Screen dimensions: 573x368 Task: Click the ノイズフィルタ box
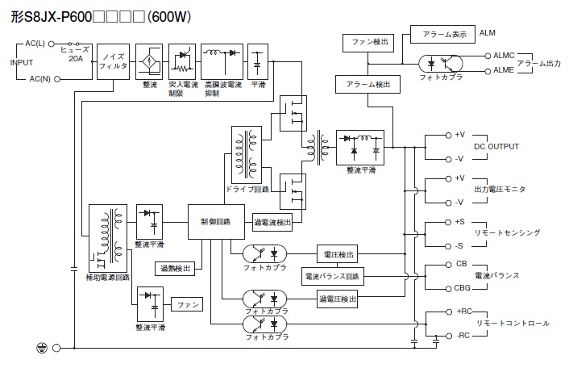click(113, 62)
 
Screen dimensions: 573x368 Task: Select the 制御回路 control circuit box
click(216, 222)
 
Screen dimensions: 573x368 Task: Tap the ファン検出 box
click(369, 43)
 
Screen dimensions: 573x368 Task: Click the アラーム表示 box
click(442, 35)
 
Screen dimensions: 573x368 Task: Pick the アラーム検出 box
click(368, 85)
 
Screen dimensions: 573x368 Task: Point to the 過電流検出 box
click(272, 222)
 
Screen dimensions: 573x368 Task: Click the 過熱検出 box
click(175, 269)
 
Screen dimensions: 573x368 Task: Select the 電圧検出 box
click(338, 254)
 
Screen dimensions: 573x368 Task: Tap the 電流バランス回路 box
click(333, 277)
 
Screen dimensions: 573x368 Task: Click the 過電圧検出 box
click(338, 299)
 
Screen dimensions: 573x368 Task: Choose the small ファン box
click(187, 304)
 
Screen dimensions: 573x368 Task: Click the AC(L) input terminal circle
click(51, 44)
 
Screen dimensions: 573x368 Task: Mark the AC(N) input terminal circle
click(56, 78)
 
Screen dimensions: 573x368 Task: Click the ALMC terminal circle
click(488, 56)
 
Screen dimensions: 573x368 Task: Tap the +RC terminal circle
click(449, 312)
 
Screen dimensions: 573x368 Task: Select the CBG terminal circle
click(448, 289)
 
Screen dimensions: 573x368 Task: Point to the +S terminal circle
click(448, 222)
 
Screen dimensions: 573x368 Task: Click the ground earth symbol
click(42, 348)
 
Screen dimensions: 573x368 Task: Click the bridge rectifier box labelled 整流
click(149, 62)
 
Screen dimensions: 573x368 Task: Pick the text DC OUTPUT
click(496, 147)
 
